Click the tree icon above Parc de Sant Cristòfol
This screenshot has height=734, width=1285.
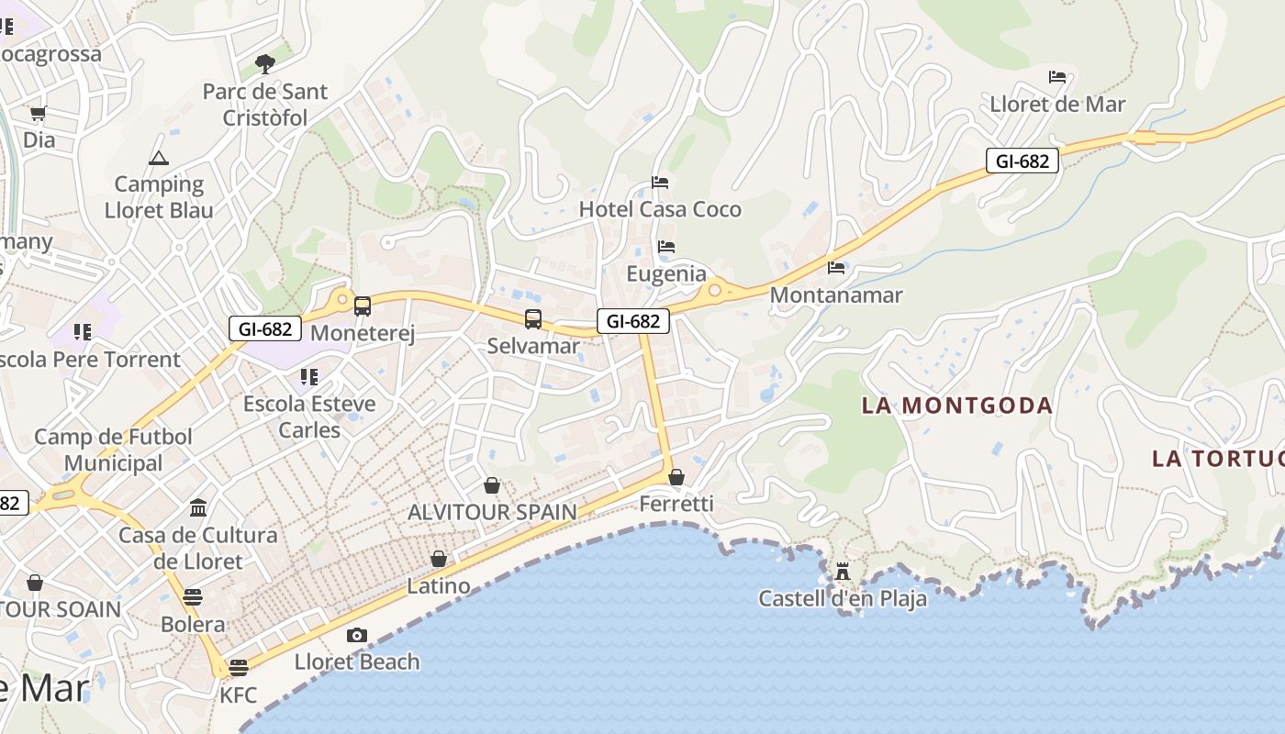click(x=265, y=63)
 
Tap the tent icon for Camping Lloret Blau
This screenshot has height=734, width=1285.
click(x=159, y=158)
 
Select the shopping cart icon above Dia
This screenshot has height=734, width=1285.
click(x=38, y=114)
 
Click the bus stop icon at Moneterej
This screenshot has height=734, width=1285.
click(x=363, y=306)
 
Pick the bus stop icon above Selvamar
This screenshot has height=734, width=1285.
click(x=533, y=319)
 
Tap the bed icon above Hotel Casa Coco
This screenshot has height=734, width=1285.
click(x=660, y=183)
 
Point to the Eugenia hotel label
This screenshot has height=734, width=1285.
click(x=666, y=273)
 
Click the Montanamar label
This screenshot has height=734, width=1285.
click(x=836, y=295)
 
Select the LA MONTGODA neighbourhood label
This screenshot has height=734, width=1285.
click(x=956, y=406)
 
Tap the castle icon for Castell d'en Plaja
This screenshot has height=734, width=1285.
click(x=842, y=572)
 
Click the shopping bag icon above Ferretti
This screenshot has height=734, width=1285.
click(x=676, y=477)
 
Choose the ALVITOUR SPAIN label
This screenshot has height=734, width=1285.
click(x=492, y=512)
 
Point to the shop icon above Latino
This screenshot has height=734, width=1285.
click(x=439, y=559)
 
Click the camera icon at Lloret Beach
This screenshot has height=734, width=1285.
click(x=356, y=635)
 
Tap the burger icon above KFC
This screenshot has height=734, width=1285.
click(x=239, y=667)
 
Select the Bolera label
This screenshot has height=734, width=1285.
click(x=193, y=625)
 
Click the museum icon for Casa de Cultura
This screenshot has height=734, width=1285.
click(x=197, y=507)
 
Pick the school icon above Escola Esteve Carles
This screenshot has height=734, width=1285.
click(x=309, y=376)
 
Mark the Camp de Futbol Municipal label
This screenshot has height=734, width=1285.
click(x=114, y=450)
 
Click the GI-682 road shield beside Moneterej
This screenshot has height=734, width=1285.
click(x=264, y=328)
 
